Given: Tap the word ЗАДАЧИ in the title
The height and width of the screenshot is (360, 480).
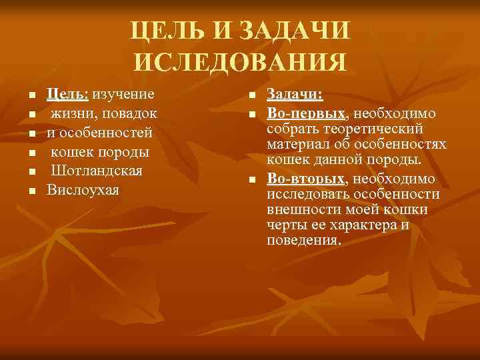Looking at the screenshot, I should pos(293,31).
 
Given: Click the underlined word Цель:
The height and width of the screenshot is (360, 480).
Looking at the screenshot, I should pos(68,94).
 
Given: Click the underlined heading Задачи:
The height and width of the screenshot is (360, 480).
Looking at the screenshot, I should pos(295,94).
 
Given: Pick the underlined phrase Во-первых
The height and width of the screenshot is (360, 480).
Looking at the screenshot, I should pos(307,113).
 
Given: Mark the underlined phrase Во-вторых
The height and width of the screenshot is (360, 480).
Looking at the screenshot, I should pos(306,179).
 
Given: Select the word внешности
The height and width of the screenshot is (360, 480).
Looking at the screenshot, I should pos(301,210).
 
